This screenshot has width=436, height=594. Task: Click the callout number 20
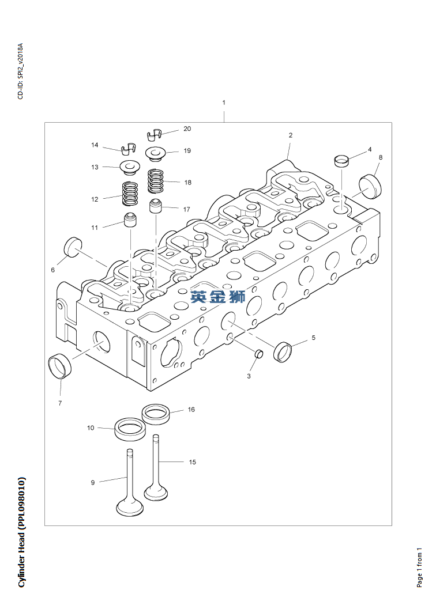(x=187, y=129)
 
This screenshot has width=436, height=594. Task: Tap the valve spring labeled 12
(x=130, y=194)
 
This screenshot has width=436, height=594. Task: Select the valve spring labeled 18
(x=156, y=181)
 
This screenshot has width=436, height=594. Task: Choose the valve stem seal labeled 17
(x=156, y=206)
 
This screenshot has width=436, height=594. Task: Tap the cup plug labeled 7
(x=60, y=366)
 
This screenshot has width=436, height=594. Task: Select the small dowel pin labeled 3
(x=258, y=353)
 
